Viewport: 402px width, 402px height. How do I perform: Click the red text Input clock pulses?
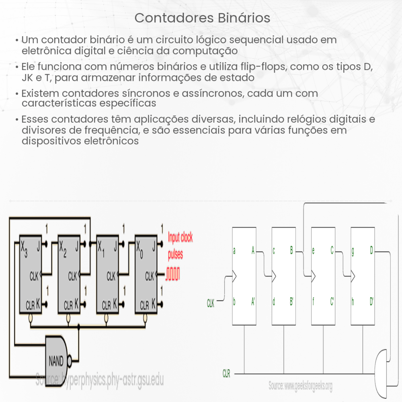[180, 246]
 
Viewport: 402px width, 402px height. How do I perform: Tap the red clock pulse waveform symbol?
[173, 275]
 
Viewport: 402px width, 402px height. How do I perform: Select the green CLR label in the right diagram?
[227, 374]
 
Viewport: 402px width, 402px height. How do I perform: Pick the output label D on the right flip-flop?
[371, 251]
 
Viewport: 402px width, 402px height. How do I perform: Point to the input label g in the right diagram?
[353, 251]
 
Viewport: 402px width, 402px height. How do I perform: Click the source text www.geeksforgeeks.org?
[300, 386]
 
